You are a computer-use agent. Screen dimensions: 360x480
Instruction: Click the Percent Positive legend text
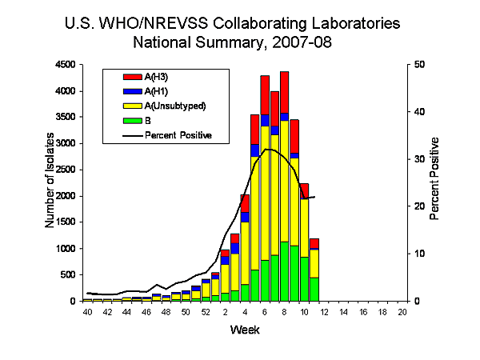click(178, 135)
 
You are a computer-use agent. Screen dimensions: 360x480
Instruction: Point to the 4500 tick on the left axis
click(67, 65)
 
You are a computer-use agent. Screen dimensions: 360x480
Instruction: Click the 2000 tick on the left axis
click(67, 196)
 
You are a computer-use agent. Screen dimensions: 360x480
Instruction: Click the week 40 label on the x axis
click(87, 310)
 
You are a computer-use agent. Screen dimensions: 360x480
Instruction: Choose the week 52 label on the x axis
click(206, 310)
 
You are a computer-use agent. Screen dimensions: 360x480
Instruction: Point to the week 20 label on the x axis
click(402, 310)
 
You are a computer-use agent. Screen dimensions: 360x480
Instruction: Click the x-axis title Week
click(244, 330)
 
